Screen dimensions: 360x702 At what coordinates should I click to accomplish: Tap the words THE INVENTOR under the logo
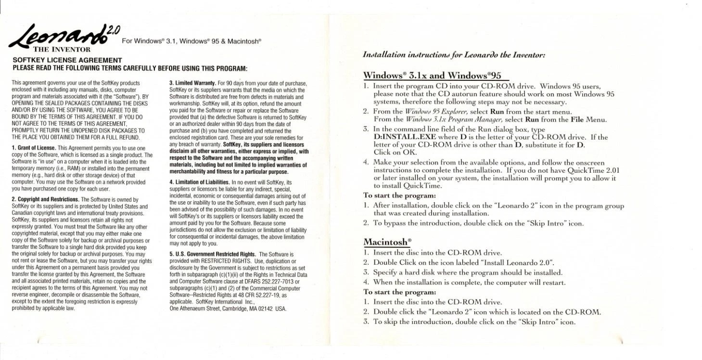pyautogui.click(x=62, y=49)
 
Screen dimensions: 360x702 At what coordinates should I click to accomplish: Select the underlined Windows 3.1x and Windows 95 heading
pyautogui.click(x=433, y=75)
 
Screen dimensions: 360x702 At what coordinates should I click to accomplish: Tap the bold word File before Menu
pyautogui.click(x=577, y=119)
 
